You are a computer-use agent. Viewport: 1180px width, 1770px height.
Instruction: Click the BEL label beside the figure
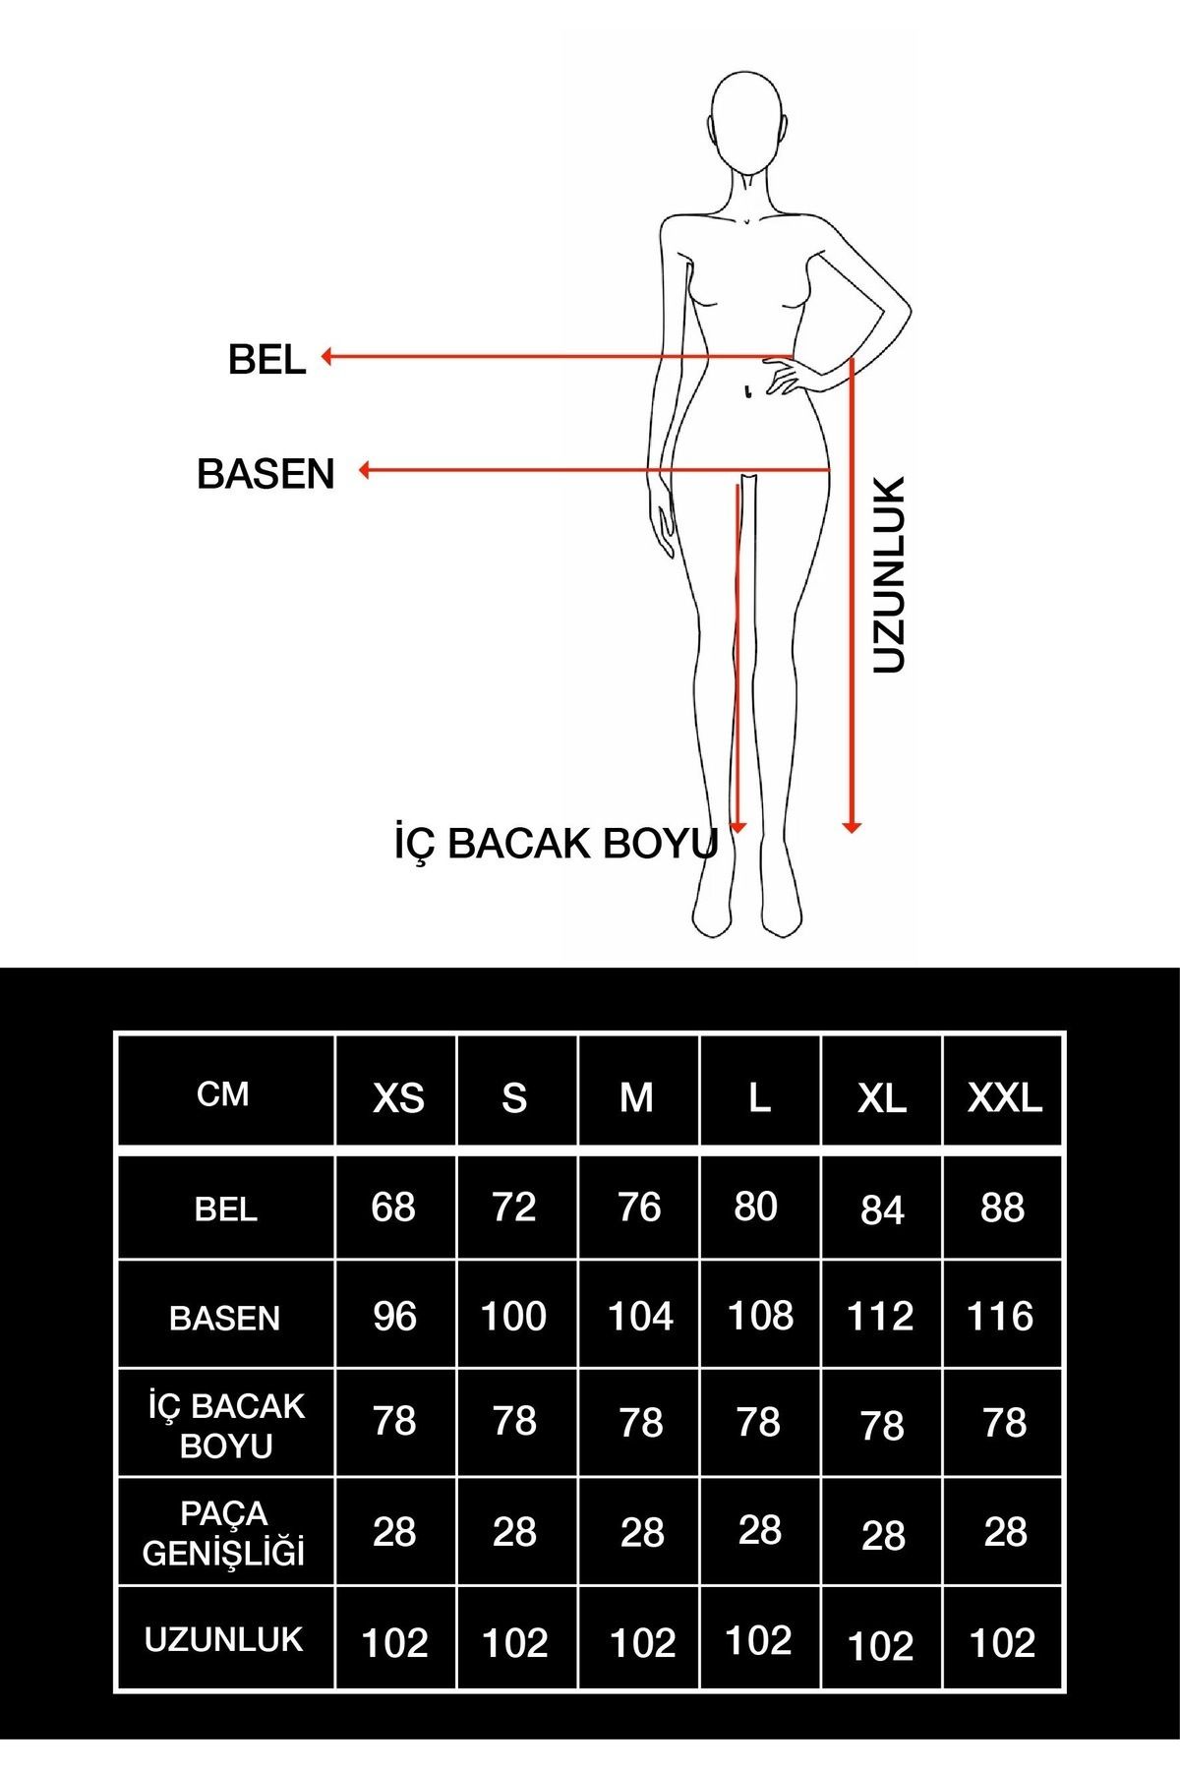(x=266, y=360)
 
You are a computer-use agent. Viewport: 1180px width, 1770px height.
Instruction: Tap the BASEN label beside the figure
(x=265, y=474)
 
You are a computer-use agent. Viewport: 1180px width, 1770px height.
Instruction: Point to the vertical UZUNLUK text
(x=888, y=575)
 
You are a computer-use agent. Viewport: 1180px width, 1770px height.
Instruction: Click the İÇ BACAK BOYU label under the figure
(x=557, y=844)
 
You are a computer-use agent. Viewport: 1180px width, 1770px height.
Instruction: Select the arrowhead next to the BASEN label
(x=365, y=471)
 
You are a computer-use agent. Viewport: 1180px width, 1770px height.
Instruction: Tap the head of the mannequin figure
(x=747, y=123)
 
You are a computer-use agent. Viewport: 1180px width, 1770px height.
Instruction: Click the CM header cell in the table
(x=223, y=1094)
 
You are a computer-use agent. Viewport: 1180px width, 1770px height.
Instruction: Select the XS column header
(x=398, y=1097)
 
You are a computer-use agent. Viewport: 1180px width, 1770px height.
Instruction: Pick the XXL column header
(x=1004, y=1097)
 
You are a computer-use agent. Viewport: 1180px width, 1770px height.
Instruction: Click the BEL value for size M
(x=639, y=1208)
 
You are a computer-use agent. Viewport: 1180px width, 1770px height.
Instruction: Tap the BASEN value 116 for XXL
(x=1000, y=1316)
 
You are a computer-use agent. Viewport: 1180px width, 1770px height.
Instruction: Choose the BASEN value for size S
(x=513, y=1316)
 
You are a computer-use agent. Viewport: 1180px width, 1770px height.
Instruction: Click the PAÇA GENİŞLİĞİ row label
(x=224, y=1533)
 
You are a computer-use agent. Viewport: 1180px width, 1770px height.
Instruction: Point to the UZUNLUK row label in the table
(x=224, y=1639)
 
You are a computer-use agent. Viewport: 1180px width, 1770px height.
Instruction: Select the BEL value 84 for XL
(x=882, y=1210)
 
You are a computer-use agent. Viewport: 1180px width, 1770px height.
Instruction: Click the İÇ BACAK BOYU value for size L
(x=758, y=1421)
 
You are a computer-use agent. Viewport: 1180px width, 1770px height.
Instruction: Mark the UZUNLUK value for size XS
(x=395, y=1642)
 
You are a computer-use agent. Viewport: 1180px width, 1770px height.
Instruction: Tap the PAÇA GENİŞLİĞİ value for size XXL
(x=1005, y=1531)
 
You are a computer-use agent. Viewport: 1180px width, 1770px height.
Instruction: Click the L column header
(x=759, y=1097)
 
